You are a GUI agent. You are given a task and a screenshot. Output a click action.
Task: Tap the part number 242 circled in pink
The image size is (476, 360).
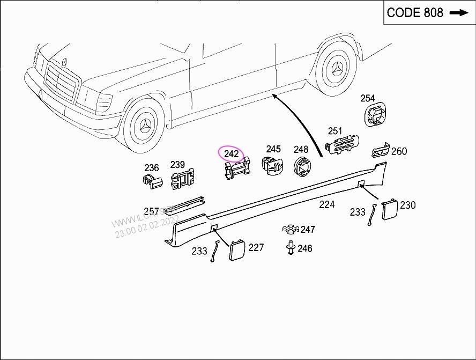coord(231,154)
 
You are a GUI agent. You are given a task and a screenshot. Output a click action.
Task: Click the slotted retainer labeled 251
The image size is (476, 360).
coord(343,145)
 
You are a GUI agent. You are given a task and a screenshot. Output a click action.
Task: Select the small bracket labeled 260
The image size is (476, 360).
coord(380,151)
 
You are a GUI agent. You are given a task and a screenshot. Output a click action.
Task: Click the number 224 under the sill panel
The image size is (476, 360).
coord(326,204)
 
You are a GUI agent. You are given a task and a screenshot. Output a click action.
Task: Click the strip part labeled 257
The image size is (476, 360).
coord(184,203)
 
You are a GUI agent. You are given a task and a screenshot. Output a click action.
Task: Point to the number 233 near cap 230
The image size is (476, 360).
coord(358,212)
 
